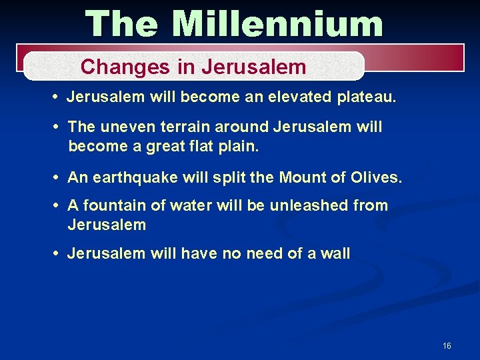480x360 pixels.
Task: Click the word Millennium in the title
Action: click(277, 24)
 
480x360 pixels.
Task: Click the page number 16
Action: click(447, 345)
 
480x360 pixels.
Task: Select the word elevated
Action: click(295, 97)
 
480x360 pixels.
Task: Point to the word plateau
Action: click(365, 97)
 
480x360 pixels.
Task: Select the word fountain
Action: click(113, 205)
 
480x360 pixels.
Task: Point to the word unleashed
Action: click(309, 205)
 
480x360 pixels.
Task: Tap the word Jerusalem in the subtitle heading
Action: click(253, 67)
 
